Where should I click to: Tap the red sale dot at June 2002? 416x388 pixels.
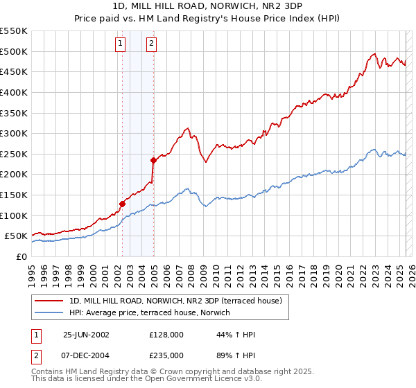[122, 204]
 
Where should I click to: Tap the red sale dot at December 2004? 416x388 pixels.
[153, 160]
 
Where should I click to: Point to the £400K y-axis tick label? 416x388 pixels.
[15, 92]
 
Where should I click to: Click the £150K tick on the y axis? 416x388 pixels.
[15, 195]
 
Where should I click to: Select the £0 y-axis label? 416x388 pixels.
[21, 256]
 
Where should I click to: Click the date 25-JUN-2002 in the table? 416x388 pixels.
[86, 335]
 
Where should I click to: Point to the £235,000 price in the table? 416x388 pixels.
[166, 355]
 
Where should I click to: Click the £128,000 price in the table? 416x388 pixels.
[166, 335]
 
